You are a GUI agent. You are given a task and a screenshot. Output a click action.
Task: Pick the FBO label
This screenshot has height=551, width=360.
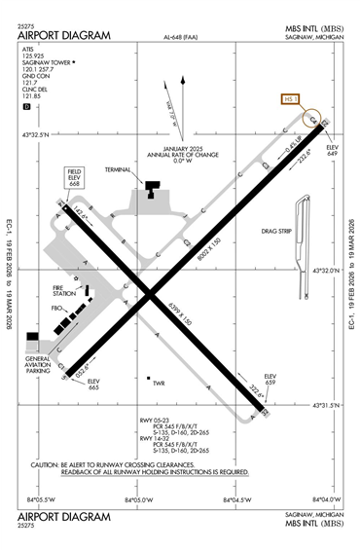[57, 309]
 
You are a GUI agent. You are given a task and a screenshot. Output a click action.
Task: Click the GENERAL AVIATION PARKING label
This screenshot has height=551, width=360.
[37, 364]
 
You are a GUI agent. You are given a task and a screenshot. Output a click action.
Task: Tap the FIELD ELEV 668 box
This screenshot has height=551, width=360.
[74, 176]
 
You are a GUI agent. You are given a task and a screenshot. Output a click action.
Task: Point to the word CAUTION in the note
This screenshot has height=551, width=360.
[48, 464]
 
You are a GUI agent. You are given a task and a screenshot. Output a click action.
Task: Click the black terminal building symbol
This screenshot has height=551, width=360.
[153, 187]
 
